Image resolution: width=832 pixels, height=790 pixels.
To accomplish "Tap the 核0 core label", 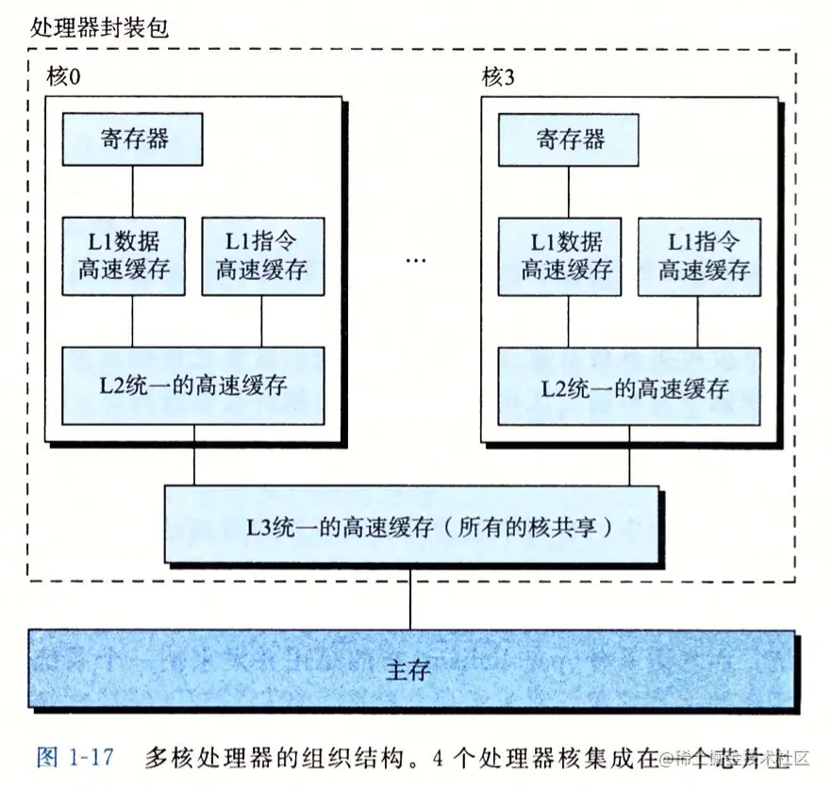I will [62, 78].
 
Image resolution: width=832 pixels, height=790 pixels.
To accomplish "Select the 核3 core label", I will [498, 78].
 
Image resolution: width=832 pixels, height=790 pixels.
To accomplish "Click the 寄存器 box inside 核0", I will [133, 139].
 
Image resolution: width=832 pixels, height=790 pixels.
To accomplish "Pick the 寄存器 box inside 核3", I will [569, 139].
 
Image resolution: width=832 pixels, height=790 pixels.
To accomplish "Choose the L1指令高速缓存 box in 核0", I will [262, 255].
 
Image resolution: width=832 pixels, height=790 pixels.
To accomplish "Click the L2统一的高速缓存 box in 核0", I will [193, 386].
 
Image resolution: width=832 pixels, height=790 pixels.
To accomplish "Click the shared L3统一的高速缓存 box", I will [411, 527].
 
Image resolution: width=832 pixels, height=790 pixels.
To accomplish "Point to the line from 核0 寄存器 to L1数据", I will [132, 190].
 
